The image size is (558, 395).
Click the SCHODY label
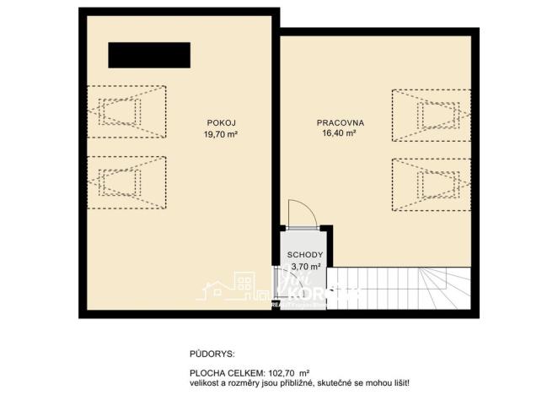[x=302, y=254]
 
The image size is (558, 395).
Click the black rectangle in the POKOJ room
[x=149, y=56]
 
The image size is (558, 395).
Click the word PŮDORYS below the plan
[x=212, y=354]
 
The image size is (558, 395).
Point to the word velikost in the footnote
[x=205, y=383]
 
